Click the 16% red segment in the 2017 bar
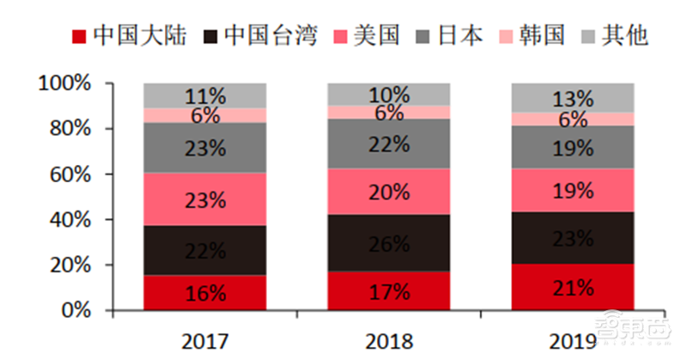[204, 292]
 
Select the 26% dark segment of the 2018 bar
[388, 243]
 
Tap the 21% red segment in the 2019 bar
[572, 287]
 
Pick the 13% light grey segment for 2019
[572, 97]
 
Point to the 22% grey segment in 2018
[388, 143]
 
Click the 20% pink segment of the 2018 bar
[388, 192]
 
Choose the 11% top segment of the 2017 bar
[204, 95]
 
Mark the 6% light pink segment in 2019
[572, 119]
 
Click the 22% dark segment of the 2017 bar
[204, 251]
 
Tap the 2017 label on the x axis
[204, 341]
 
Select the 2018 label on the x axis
[388, 341]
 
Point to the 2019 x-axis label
[572, 341]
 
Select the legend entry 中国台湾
[261, 35]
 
